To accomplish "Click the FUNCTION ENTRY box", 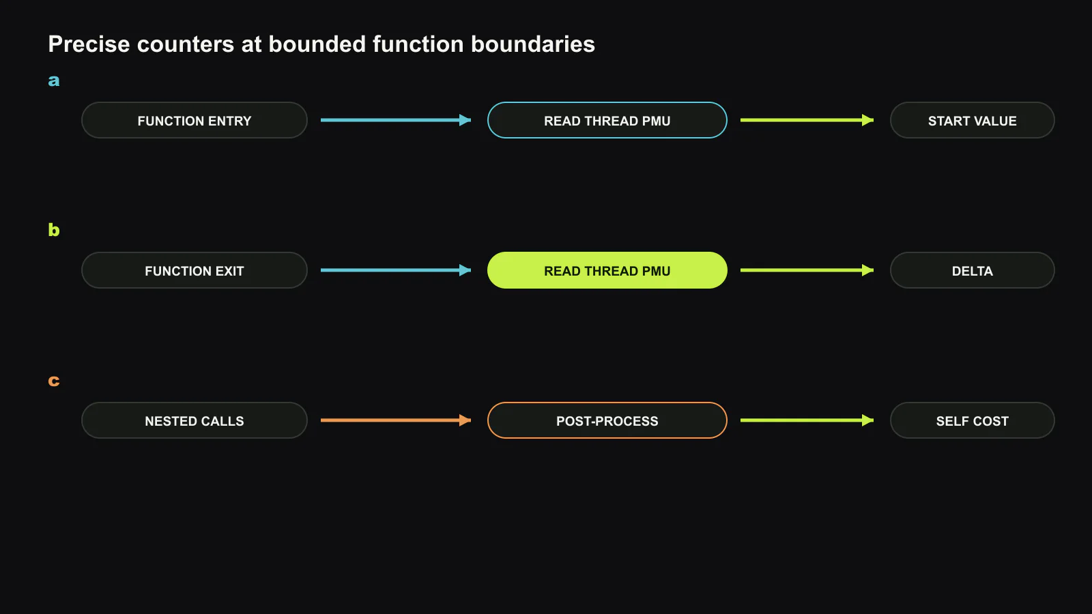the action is point(194,120).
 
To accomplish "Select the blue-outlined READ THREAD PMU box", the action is point(607,120).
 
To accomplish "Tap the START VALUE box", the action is point(972,120).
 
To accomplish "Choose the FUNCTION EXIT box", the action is point(194,270).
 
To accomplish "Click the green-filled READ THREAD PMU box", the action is point(607,270).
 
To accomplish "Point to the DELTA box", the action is point(972,270).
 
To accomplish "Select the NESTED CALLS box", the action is point(194,420).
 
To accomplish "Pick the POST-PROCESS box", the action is point(607,420).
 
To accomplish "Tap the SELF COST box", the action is point(972,420).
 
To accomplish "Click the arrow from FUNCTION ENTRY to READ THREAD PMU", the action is point(396,120).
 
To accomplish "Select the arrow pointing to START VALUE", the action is point(807,120).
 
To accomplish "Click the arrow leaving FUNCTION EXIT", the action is point(396,270).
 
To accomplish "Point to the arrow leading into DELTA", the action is point(807,270).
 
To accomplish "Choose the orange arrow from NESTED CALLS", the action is point(396,420).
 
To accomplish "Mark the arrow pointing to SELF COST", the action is point(807,420).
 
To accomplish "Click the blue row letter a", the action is point(54,81).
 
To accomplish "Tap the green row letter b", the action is point(54,229).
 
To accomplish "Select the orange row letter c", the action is point(54,381).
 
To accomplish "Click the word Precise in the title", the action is point(89,44).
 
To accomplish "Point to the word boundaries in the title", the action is point(533,44).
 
